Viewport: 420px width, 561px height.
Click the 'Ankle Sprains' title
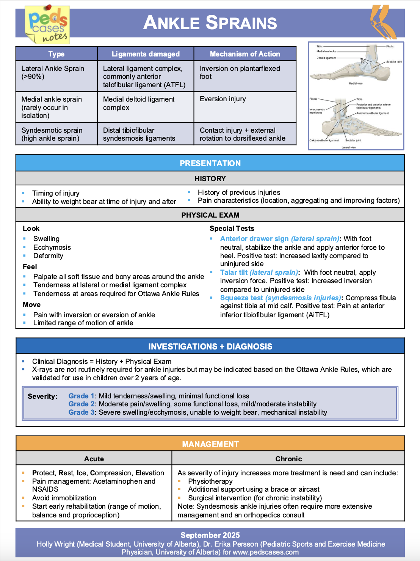click(x=210, y=23)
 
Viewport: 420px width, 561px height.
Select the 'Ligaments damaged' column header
click(x=146, y=54)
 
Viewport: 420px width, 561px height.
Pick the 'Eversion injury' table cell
click(x=223, y=99)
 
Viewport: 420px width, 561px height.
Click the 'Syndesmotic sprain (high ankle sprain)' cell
click(x=52, y=134)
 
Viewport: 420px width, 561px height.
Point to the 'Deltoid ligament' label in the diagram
click(x=326, y=58)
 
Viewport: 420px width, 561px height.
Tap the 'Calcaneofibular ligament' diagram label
click(x=324, y=140)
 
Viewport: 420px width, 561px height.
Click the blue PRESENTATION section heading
click(x=210, y=163)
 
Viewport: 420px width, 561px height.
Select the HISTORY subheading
click(x=210, y=179)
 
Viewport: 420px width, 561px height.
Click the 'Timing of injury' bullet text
click(x=56, y=193)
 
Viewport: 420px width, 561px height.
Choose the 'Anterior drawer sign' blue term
click(x=254, y=239)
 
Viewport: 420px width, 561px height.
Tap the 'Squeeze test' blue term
click(x=241, y=298)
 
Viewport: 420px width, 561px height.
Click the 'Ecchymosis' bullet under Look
click(x=52, y=248)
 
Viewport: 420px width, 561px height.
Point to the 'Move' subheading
click(x=31, y=305)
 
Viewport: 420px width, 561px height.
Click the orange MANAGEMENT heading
click(x=210, y=444)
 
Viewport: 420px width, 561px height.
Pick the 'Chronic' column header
click(x=288, y=459)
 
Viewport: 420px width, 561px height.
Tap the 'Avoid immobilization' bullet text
click(x=64, y=498)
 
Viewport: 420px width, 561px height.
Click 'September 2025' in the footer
click(x=210, y=535)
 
